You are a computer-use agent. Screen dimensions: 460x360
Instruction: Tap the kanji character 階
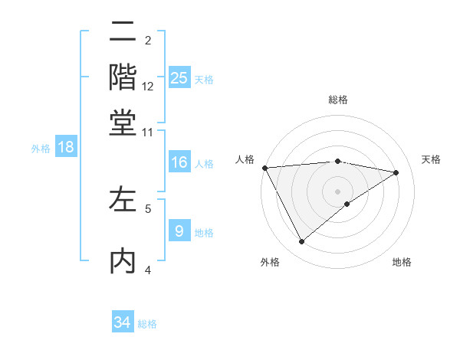[123, 77]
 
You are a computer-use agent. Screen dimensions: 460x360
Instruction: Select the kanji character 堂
[123, 122]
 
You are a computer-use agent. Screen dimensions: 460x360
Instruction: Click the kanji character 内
[123, 261]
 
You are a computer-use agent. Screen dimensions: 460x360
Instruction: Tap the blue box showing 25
[179, 78]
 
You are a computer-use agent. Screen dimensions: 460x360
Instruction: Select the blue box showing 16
[179, 162]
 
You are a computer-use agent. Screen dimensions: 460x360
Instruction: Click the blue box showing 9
[179, 231]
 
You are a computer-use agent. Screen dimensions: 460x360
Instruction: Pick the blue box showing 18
[66, 148]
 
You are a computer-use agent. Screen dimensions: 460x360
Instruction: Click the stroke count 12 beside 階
[148, 86]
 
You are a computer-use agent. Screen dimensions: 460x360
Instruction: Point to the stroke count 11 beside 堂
[148, 131]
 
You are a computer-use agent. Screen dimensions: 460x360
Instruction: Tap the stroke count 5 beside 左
[148, 208]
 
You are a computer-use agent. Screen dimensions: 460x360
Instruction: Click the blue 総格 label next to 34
[147, 324]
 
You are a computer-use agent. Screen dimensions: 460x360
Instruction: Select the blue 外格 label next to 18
[41, 149]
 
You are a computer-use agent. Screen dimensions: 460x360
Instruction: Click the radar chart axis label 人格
[245, 159]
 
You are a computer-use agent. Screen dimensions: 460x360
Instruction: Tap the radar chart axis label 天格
[432, 159]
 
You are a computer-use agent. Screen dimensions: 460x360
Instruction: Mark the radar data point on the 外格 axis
[301, 242]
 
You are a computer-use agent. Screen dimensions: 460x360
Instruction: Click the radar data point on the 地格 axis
[347, 204]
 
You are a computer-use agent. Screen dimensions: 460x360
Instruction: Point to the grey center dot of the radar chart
[337, 191]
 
